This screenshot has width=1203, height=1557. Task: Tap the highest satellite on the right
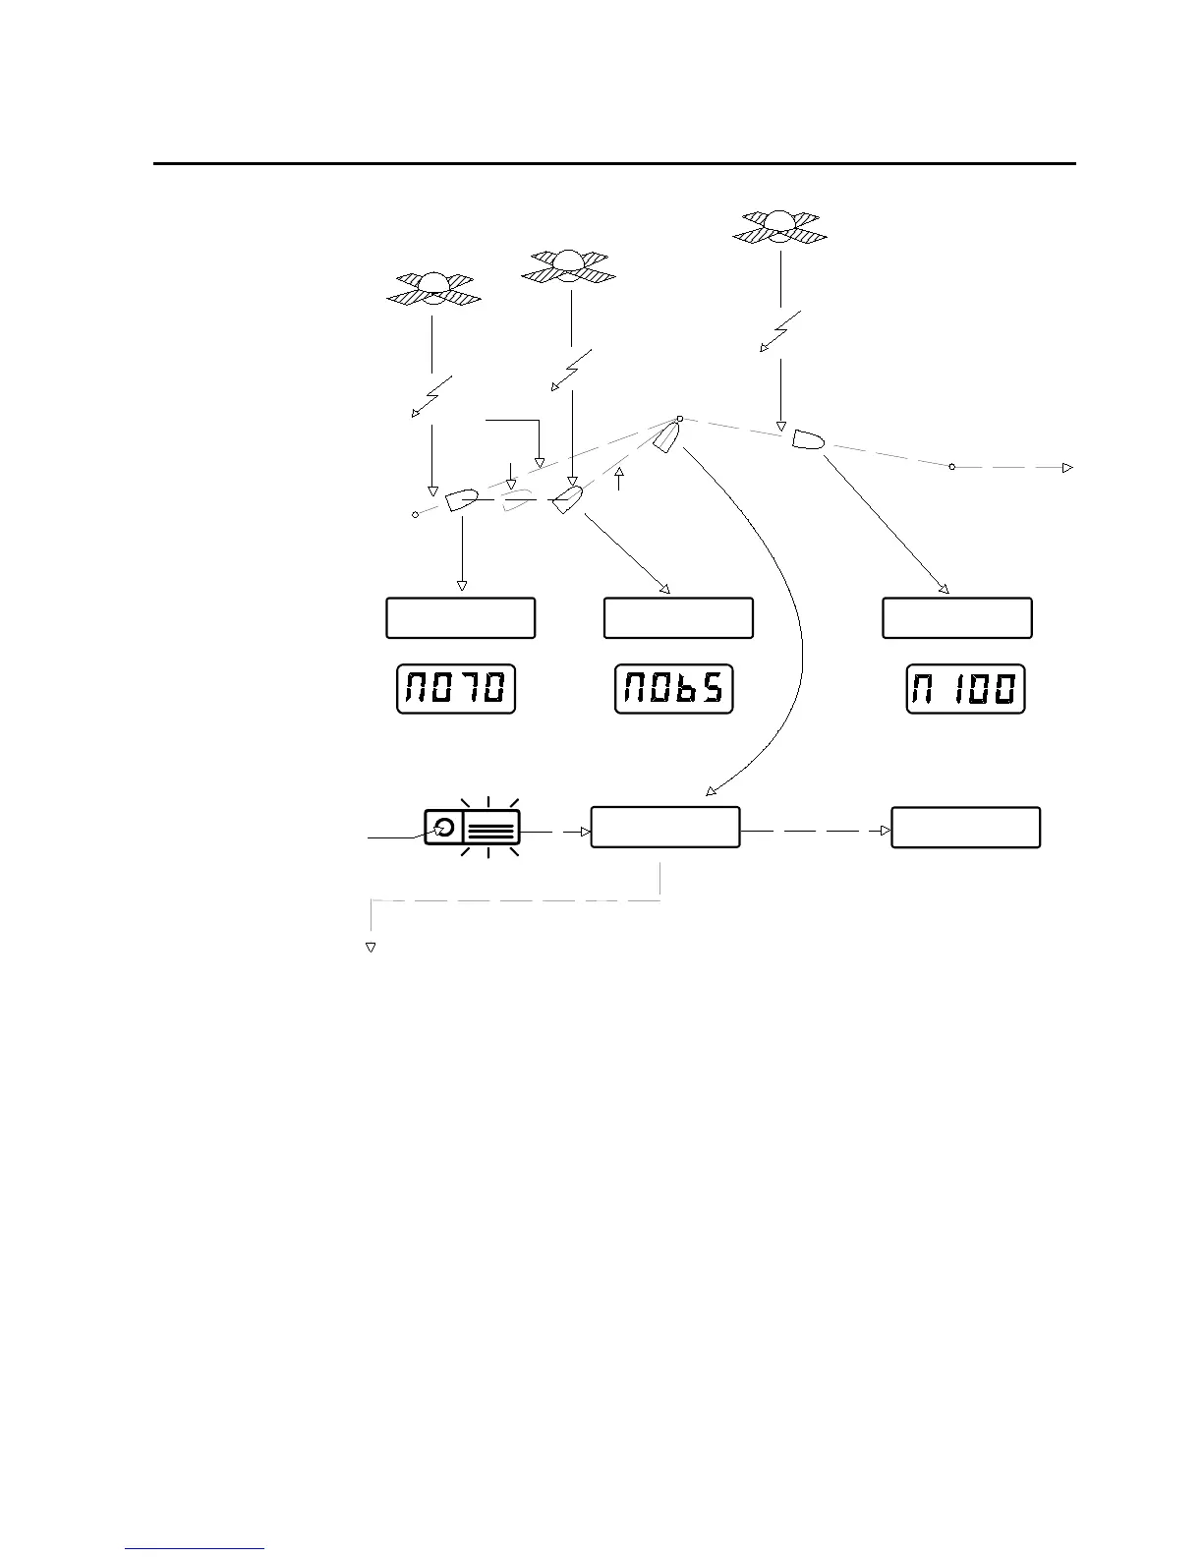click(780, 225)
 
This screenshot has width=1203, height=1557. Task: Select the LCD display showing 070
click(456, 689)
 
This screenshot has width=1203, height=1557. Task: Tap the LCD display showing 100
click(965, 689)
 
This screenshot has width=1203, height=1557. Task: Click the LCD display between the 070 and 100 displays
click(674, 689)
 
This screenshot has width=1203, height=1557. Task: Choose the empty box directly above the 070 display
click(460, 617)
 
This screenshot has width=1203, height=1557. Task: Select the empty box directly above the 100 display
click(957, 617)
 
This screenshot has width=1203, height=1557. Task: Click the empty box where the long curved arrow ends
click(664, 827)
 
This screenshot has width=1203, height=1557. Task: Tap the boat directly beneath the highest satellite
click(808, 440)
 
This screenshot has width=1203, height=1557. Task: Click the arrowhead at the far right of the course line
click(1067, 468)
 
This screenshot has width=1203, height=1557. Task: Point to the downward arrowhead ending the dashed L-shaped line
click(372, 948)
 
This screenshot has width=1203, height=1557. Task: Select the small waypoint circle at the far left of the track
click(415, 514)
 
